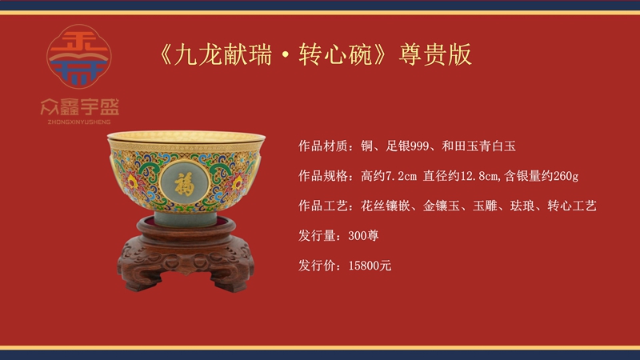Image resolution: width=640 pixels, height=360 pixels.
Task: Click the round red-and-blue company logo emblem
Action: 78,56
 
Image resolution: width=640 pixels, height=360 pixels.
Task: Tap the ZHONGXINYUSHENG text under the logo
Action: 78,122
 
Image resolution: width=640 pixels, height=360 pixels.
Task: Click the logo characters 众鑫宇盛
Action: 79,107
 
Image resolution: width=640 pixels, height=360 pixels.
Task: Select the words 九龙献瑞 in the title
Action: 223,54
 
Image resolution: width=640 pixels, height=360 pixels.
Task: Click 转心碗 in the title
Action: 335,54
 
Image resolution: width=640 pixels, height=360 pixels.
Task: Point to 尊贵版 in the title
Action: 435,54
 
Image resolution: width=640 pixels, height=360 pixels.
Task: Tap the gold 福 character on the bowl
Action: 185,183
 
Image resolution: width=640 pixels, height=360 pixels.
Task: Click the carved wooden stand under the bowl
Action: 186,255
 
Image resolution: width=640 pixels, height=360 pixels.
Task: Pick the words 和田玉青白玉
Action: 478,146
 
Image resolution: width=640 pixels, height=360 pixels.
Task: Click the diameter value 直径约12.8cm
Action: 462,176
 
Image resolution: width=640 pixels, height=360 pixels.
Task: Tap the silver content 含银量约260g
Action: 542,176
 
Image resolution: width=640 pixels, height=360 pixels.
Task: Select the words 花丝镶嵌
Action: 386,206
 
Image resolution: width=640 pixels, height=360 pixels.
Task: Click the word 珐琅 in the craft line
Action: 522,206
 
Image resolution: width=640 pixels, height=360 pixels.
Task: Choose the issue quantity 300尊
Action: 363,235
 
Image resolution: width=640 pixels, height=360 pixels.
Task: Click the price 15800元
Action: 370,266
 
